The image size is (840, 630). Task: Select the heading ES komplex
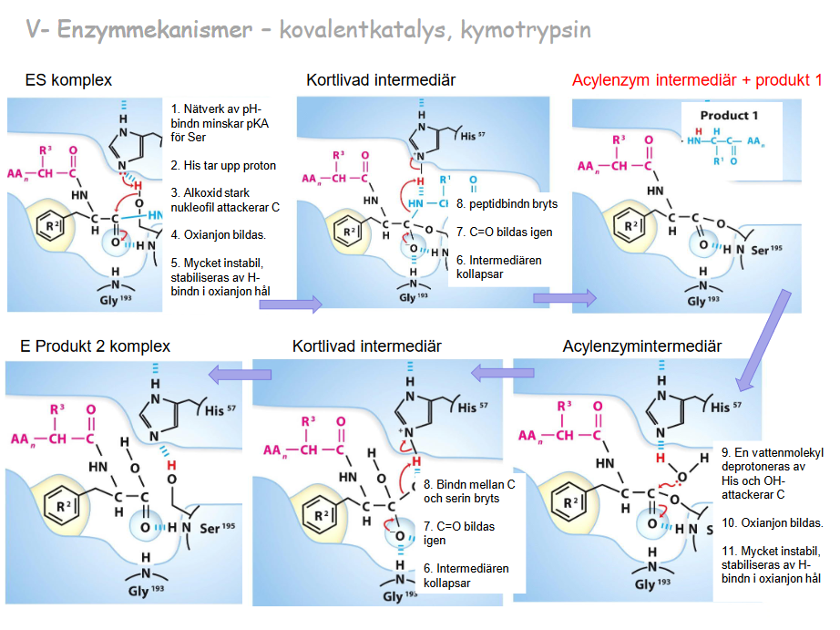pos(68,80)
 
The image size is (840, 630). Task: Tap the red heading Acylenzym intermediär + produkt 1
pos(697,80)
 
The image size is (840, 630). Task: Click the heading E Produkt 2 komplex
pos(95,346)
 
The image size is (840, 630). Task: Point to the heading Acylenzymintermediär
pos(641,346)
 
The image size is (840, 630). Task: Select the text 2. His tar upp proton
pos(223,166)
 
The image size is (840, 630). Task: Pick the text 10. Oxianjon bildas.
pos(772,523)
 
